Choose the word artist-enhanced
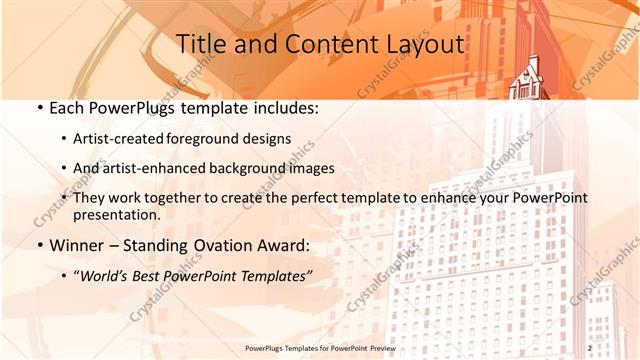[x=152, y=168]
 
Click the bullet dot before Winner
[x=39, y=246]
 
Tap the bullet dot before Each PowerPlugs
[x=39, y=106]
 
